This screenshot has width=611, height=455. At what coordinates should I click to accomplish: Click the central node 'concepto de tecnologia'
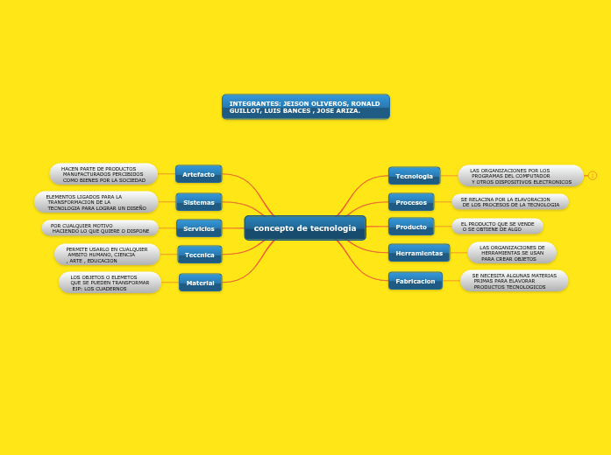coord(305,228)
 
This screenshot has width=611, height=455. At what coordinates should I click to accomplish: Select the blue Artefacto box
coord(198,174)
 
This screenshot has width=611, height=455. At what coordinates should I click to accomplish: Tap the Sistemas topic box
coord(198,202)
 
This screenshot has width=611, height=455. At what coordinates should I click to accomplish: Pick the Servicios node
coord(198,228)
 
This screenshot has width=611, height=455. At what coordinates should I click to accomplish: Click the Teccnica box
coord(199,255)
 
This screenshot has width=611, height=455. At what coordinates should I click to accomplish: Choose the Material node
coord(200,283)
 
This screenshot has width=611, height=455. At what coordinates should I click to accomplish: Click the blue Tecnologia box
coord(414,176)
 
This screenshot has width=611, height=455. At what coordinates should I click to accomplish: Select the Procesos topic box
coord(411,202)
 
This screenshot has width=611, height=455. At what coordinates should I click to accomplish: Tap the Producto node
coord(411,227)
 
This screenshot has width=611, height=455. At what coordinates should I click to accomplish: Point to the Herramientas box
coord(419,253)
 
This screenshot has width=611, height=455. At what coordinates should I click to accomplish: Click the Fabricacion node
coord(416,281)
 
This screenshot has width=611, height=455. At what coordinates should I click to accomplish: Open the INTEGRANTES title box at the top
coord(305,107)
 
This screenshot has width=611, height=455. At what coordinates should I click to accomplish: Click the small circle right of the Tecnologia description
coord(593,176)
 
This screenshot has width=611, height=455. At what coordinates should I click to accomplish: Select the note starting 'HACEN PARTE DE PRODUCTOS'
coord(103,174)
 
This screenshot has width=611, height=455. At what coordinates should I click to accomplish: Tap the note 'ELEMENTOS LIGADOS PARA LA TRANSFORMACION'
coord(96,202)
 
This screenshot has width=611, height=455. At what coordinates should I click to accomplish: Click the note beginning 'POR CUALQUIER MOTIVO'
coord(100,227)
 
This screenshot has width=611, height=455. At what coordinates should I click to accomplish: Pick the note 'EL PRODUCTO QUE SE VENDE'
coord(498,226)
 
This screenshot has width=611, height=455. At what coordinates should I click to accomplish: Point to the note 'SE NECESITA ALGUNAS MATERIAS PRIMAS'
coord(514,281)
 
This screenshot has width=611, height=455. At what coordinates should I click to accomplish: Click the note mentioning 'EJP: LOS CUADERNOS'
coord(110,283)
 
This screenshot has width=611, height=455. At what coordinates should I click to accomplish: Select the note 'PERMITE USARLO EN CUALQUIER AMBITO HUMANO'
coord(107,255)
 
